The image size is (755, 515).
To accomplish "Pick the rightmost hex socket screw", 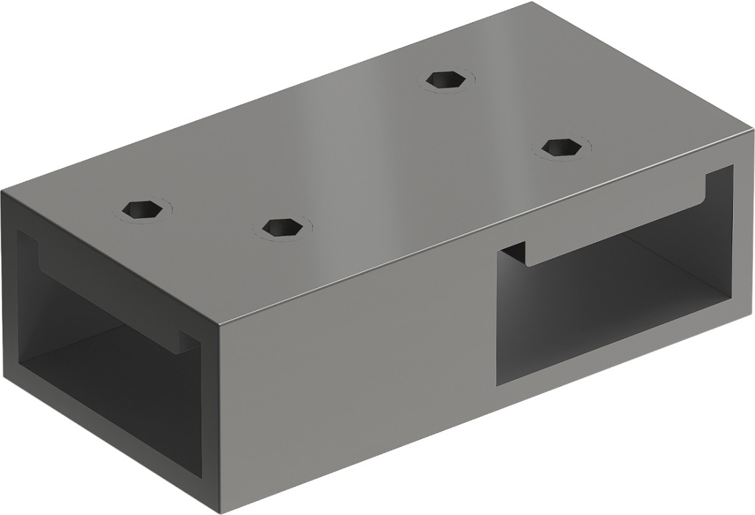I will (561, 147).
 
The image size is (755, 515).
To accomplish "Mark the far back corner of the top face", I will (532, 3).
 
